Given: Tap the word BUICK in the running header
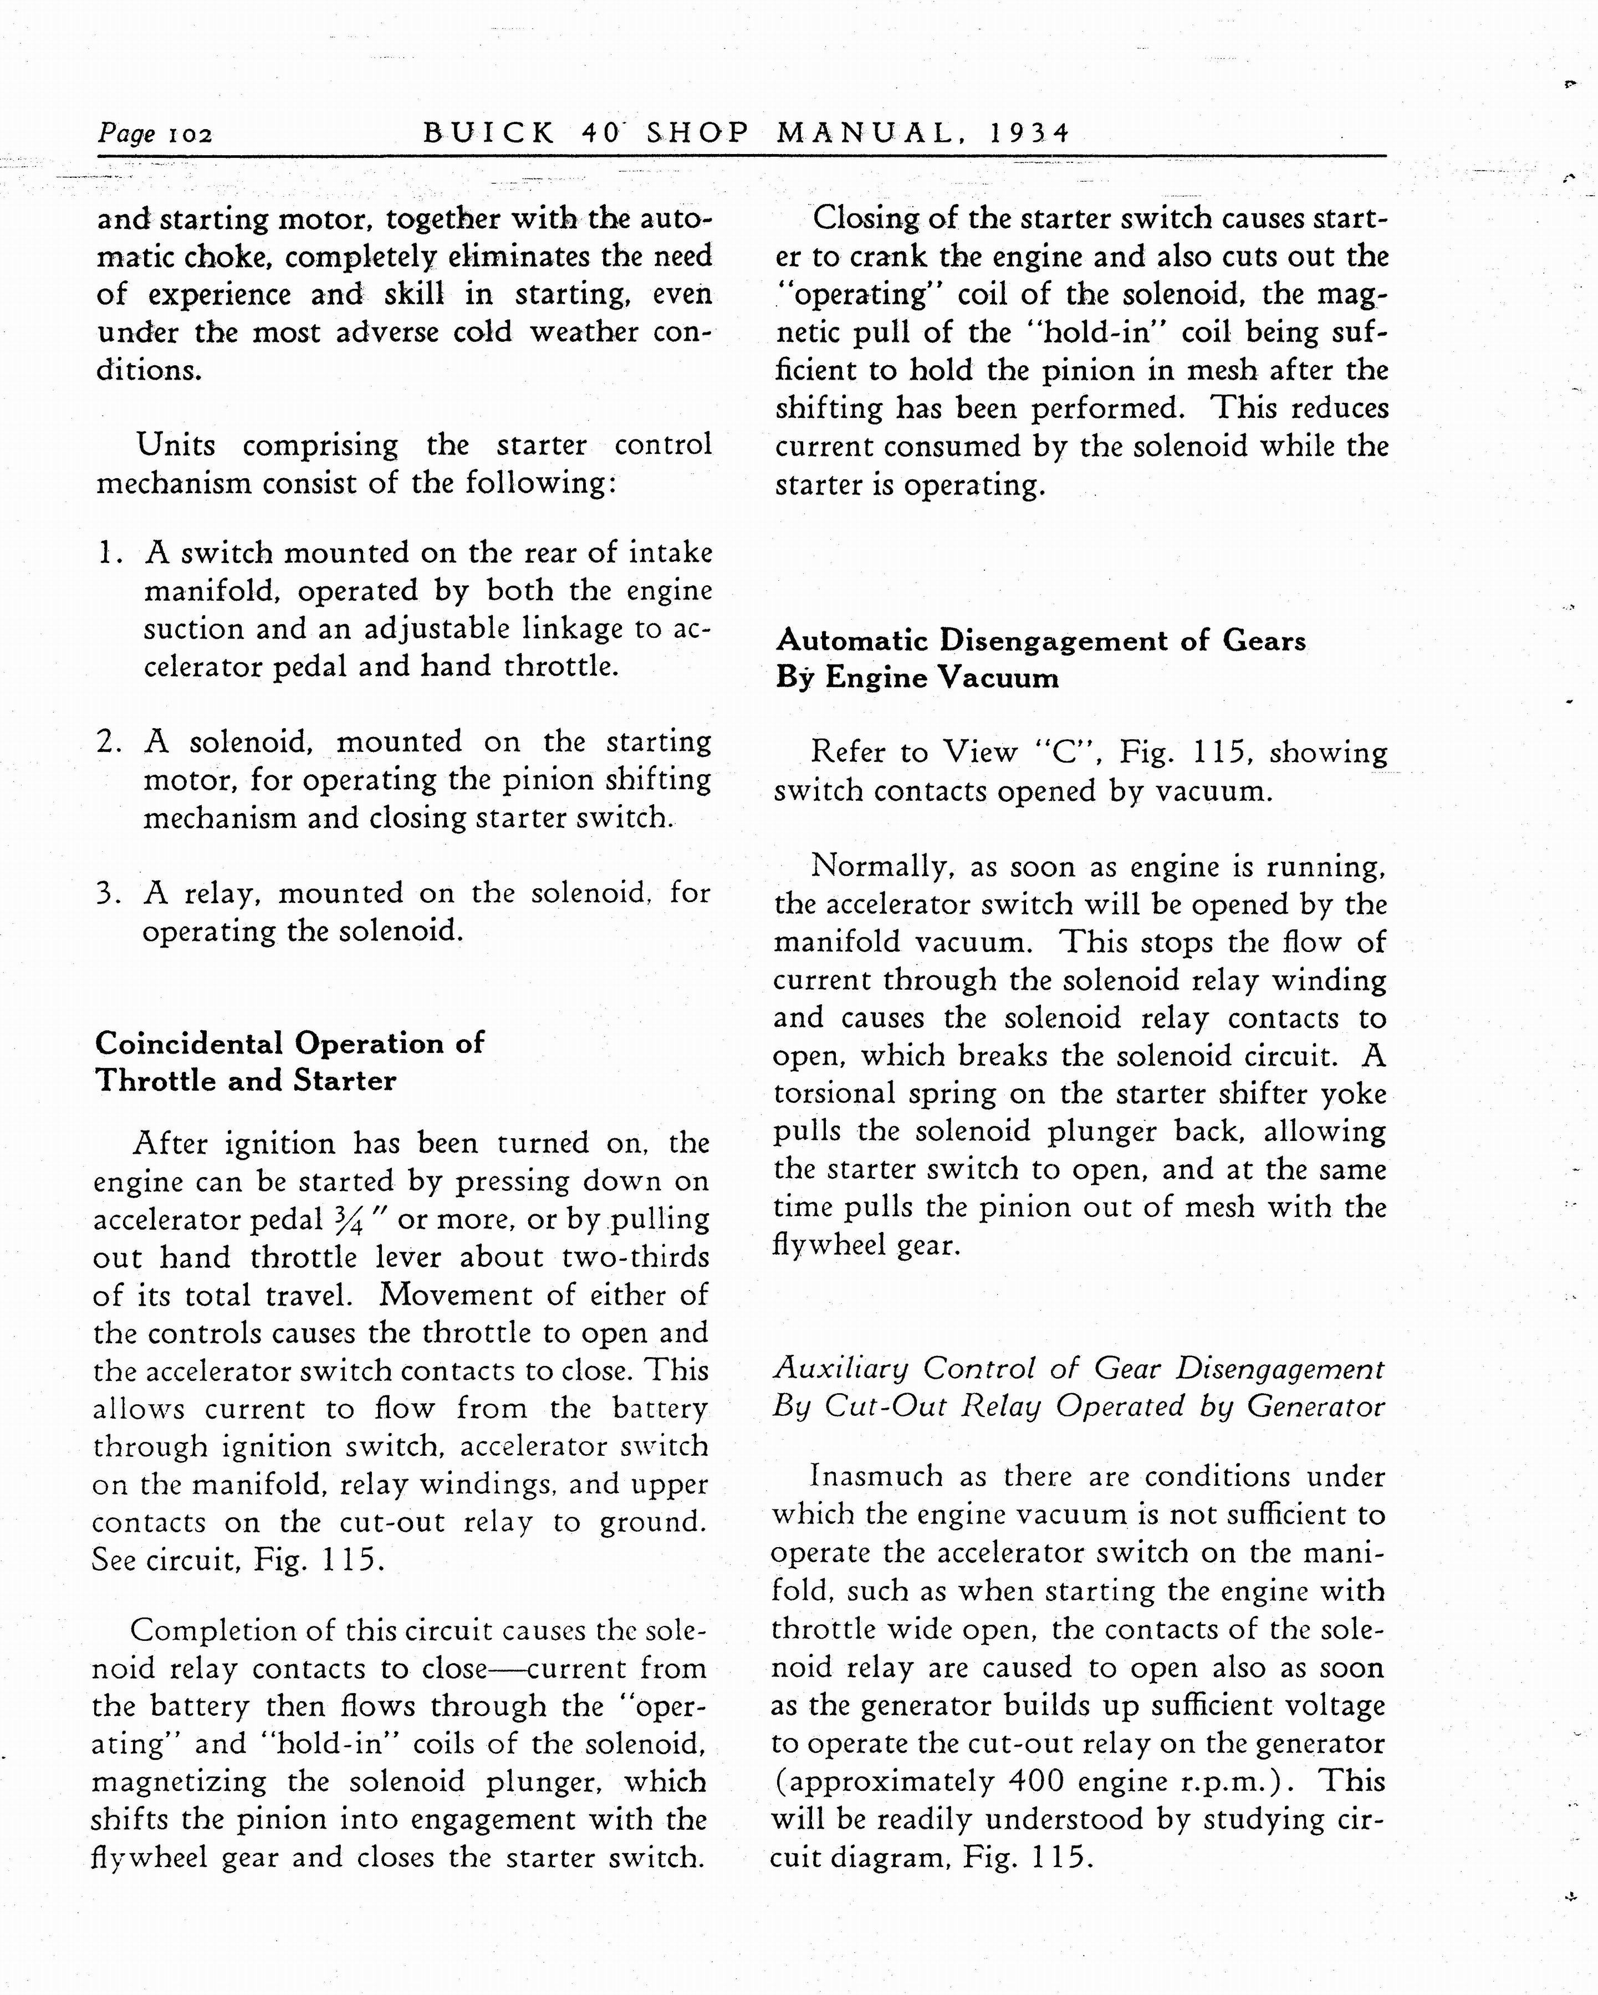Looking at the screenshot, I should point(488,133).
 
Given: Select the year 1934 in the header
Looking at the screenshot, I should point(1029,133).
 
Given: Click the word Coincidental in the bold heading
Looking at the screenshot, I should point(189,1043).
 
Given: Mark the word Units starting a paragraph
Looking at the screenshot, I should point(176,445).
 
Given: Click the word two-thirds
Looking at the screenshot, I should point(636,1257).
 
